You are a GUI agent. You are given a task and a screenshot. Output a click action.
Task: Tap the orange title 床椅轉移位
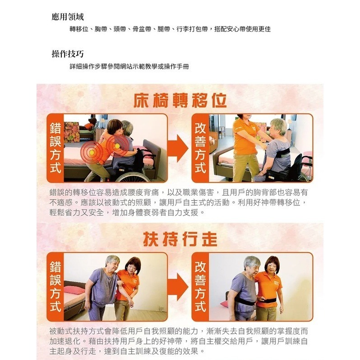click(180, 101)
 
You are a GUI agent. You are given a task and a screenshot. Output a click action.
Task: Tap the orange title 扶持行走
click(180, 240)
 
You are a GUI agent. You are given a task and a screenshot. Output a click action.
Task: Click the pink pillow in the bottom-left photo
click(74, 289)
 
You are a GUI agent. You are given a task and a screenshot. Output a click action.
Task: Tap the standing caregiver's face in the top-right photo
click(243, 121)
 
